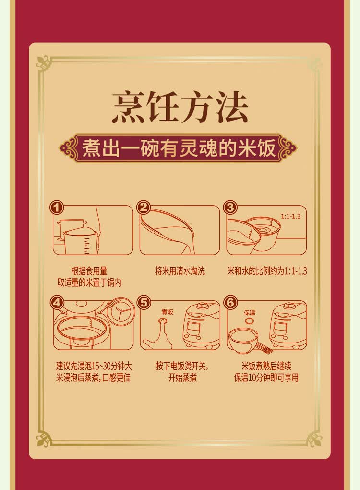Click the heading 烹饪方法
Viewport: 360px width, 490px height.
coord(180,107)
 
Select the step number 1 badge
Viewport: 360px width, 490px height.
coord(57,208)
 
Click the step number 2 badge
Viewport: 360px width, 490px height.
coord(144,208)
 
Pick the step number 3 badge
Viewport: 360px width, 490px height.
coord(230,208)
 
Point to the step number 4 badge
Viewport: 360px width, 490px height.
coord(57,303)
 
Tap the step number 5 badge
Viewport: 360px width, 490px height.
coord(144,303)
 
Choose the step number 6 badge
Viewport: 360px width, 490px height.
coord(230,303)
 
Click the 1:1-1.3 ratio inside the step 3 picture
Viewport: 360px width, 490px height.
coord(290,216)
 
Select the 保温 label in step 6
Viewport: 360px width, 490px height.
coord(250,312)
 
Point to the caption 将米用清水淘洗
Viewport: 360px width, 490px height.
coord(180,270)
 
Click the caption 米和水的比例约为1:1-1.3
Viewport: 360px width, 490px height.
coord(267,270)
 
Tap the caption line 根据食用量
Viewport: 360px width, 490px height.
coord(89,270)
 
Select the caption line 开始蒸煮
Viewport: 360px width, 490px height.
coord(182,378)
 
